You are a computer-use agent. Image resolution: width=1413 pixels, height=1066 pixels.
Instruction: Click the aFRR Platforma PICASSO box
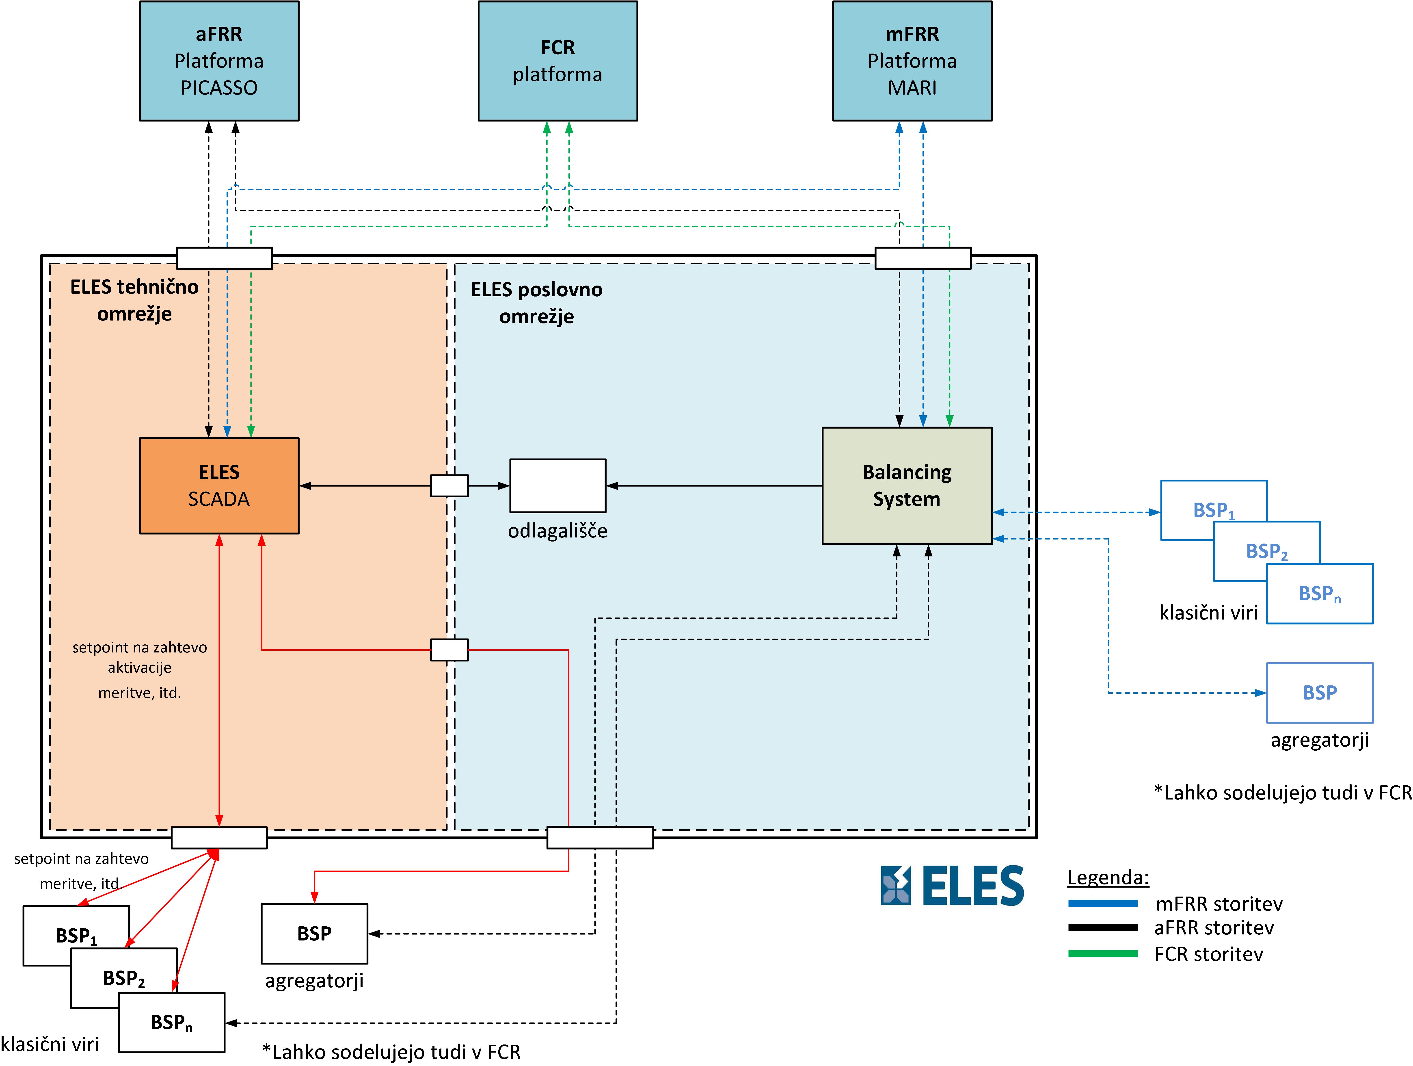coord(219,61)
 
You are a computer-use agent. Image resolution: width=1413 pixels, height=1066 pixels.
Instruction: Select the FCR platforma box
coord(558,61)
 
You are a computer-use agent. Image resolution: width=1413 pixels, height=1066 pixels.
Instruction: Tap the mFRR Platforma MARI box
coord(912,61)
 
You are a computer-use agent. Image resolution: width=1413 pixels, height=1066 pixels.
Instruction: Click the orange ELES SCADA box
coord(219,486)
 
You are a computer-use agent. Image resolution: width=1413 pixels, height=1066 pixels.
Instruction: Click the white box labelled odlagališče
coord(558,486)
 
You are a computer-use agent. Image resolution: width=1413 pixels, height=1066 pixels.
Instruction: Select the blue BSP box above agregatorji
coord(1320,693)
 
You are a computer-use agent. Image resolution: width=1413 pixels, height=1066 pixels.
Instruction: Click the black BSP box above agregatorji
coord(314,934)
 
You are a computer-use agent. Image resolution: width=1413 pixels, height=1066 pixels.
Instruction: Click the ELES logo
coord(952,886)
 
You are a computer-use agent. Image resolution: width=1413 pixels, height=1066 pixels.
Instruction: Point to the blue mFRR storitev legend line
coord(1103,904)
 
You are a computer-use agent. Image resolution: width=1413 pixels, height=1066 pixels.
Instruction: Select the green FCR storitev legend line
coord(1103,954)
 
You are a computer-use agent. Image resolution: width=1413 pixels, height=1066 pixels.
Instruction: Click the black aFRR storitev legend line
coord(1103,927)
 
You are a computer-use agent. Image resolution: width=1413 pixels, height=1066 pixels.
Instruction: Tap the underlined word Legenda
coord(1108,877)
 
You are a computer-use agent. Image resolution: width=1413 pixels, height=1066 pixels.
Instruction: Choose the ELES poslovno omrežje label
coord(537,303)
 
